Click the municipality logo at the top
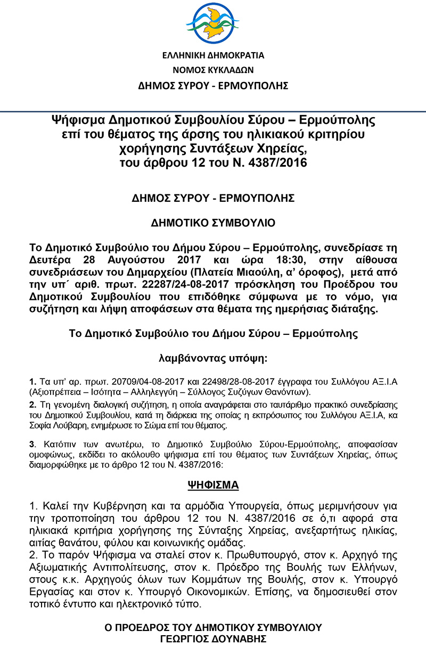[x=213, y=24]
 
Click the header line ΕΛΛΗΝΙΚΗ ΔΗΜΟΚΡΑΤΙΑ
[x=213, y=55]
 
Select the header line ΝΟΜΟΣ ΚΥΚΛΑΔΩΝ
[x=213, y=70]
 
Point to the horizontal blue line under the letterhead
[x=213, y=111]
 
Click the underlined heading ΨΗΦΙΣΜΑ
[x=213, y=486]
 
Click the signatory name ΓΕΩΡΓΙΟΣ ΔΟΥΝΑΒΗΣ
[x=213, y=638]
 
